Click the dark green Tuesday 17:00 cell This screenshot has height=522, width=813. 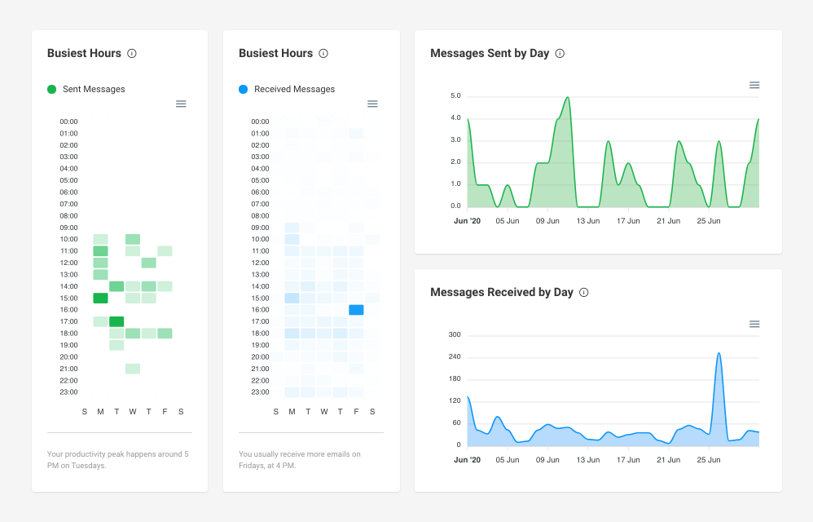(x=116, y=321)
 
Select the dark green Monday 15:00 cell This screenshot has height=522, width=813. (x=100, y=298)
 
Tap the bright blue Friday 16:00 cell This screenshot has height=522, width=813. (x=356, y=310)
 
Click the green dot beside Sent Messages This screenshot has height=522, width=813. (x=52, y=89)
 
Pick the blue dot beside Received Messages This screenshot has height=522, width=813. (x=244, y=89)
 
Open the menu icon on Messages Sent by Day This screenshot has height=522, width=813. (x=754, y=85)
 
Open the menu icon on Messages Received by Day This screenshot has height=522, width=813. (x=754, y=324)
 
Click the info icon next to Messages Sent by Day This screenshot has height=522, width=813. (x=560, y=53)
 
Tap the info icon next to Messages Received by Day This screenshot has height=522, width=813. (x=583, y=292)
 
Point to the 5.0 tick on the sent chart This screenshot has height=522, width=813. (x=455, y=96)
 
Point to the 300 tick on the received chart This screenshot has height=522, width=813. (x=455, y=334)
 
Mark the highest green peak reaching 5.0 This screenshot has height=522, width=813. (x=567, y=98)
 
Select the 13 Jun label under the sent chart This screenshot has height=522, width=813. (x=587, y=220)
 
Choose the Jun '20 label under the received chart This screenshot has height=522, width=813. (x=467, y=459)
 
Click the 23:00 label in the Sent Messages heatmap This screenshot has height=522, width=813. (x=68, y=392)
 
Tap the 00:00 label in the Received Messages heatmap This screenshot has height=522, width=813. (x=260, y=122)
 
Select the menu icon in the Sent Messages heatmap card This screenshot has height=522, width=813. (x=181, y=104)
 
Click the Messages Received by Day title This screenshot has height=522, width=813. (x=501, y=292)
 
